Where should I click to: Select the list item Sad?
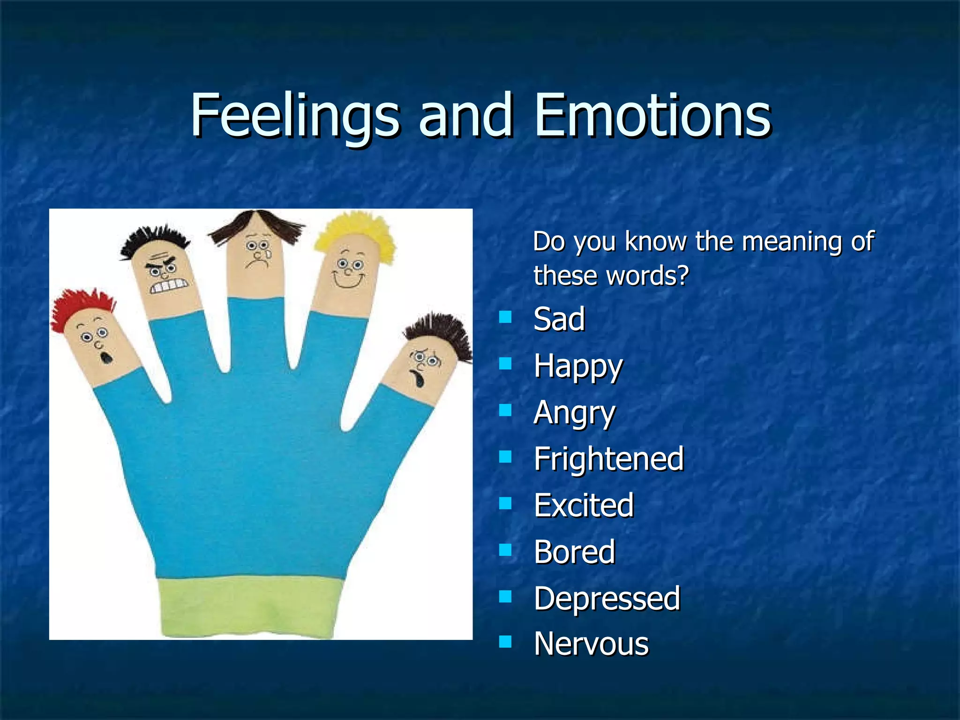tap(559, 319)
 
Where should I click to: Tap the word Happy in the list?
tap(578, 366)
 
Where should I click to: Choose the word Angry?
tap(574, 413)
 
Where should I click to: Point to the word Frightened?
tap(609, 459)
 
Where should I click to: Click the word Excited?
tap(584, 505)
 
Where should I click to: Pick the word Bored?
tap(575, 552)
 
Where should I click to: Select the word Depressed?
tap(607, 599)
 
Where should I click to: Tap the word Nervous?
tap(592, 644)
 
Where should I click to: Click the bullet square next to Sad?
tap(505, 317)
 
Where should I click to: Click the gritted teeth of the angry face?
tap(169, 285)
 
